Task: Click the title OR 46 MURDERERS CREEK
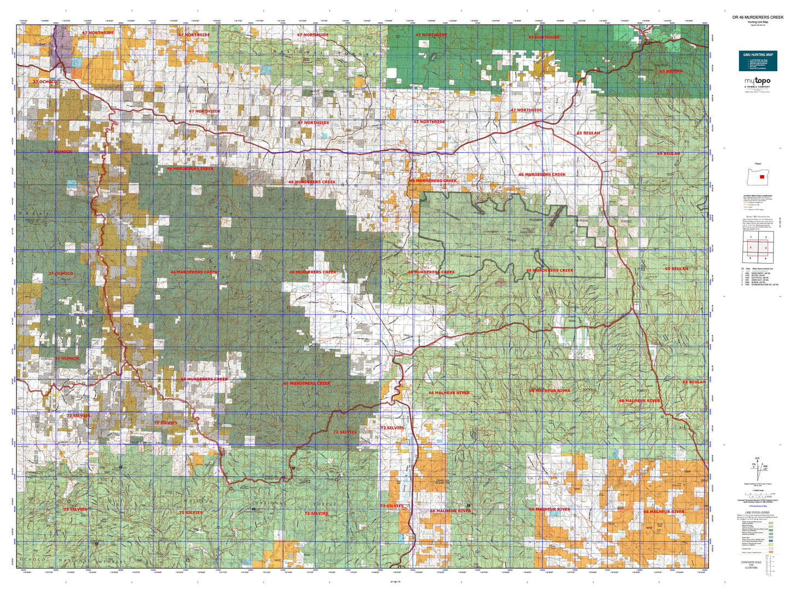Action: [758, 18]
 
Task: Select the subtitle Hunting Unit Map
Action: [758, 22]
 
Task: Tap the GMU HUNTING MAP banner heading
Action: [758, 55]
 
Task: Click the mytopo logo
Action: [758, 81]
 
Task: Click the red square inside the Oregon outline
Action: [761, 176]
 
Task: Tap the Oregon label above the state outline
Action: [758, 164]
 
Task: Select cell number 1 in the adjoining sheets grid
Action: [751, 237]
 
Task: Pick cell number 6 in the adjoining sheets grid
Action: [765, 258]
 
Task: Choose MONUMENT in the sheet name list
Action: [759, 272]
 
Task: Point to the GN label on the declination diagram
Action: [757, 458]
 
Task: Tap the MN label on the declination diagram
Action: [765, 467]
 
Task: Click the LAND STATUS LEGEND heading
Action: [758, 513]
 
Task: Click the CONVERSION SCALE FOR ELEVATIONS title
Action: [751, 565]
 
